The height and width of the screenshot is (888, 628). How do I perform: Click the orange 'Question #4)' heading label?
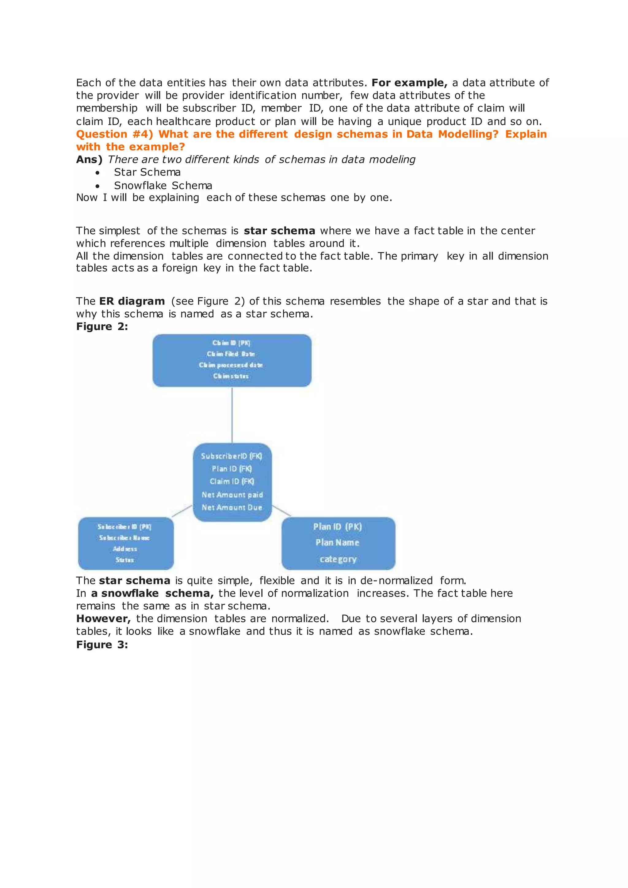(x=114, y=134)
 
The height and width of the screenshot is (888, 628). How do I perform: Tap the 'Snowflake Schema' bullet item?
(x=163, y=186)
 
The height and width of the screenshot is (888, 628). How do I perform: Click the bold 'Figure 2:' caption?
(x=102, y=327)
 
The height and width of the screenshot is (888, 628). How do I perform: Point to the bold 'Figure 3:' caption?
(x=102, y=645)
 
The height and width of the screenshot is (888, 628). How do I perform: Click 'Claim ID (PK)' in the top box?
(x=231, y=343)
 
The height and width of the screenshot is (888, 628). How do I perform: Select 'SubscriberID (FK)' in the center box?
(x=232, y=456)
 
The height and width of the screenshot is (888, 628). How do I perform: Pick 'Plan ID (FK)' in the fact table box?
(x=232, y=469)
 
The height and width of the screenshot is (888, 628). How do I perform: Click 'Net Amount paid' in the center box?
(x=232, y=495)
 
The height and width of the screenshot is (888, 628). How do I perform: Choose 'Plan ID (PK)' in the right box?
(x=338, y=527)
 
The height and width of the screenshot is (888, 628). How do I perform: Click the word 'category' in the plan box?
(x=338, y=559)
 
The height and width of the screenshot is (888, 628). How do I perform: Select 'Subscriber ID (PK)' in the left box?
(x=124, y=527)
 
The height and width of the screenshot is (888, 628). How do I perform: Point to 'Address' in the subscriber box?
(x=125, y=549)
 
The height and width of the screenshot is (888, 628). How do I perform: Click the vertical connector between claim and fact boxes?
(x=232, y=415)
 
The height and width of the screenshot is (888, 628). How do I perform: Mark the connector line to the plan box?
(x=281, y=511)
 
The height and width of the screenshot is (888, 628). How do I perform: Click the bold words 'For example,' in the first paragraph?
(x=409, y=83)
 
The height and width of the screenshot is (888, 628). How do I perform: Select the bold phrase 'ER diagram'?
(x=132, y=301)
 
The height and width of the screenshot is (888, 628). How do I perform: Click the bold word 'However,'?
(x=103, y=618)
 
